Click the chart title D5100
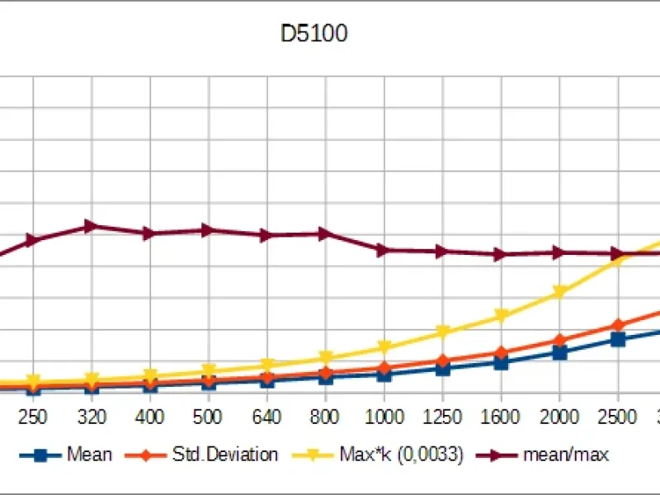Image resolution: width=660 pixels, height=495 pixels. [x=313, y=34]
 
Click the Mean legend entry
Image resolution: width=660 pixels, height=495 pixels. [x=89, y=454]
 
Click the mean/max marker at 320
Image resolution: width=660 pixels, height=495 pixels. [x=92, y=225]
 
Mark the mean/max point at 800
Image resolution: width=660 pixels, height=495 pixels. [x=325, y=233]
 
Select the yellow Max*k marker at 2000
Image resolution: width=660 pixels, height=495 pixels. [x=559, y=293]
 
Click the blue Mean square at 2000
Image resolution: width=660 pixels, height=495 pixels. [x=559, y=352]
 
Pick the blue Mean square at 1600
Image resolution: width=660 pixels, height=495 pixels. [x=501, y=361]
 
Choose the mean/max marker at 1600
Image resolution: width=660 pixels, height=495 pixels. [x=500, y=254]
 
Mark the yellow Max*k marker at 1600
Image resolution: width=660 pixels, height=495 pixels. [x=501, y=316]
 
